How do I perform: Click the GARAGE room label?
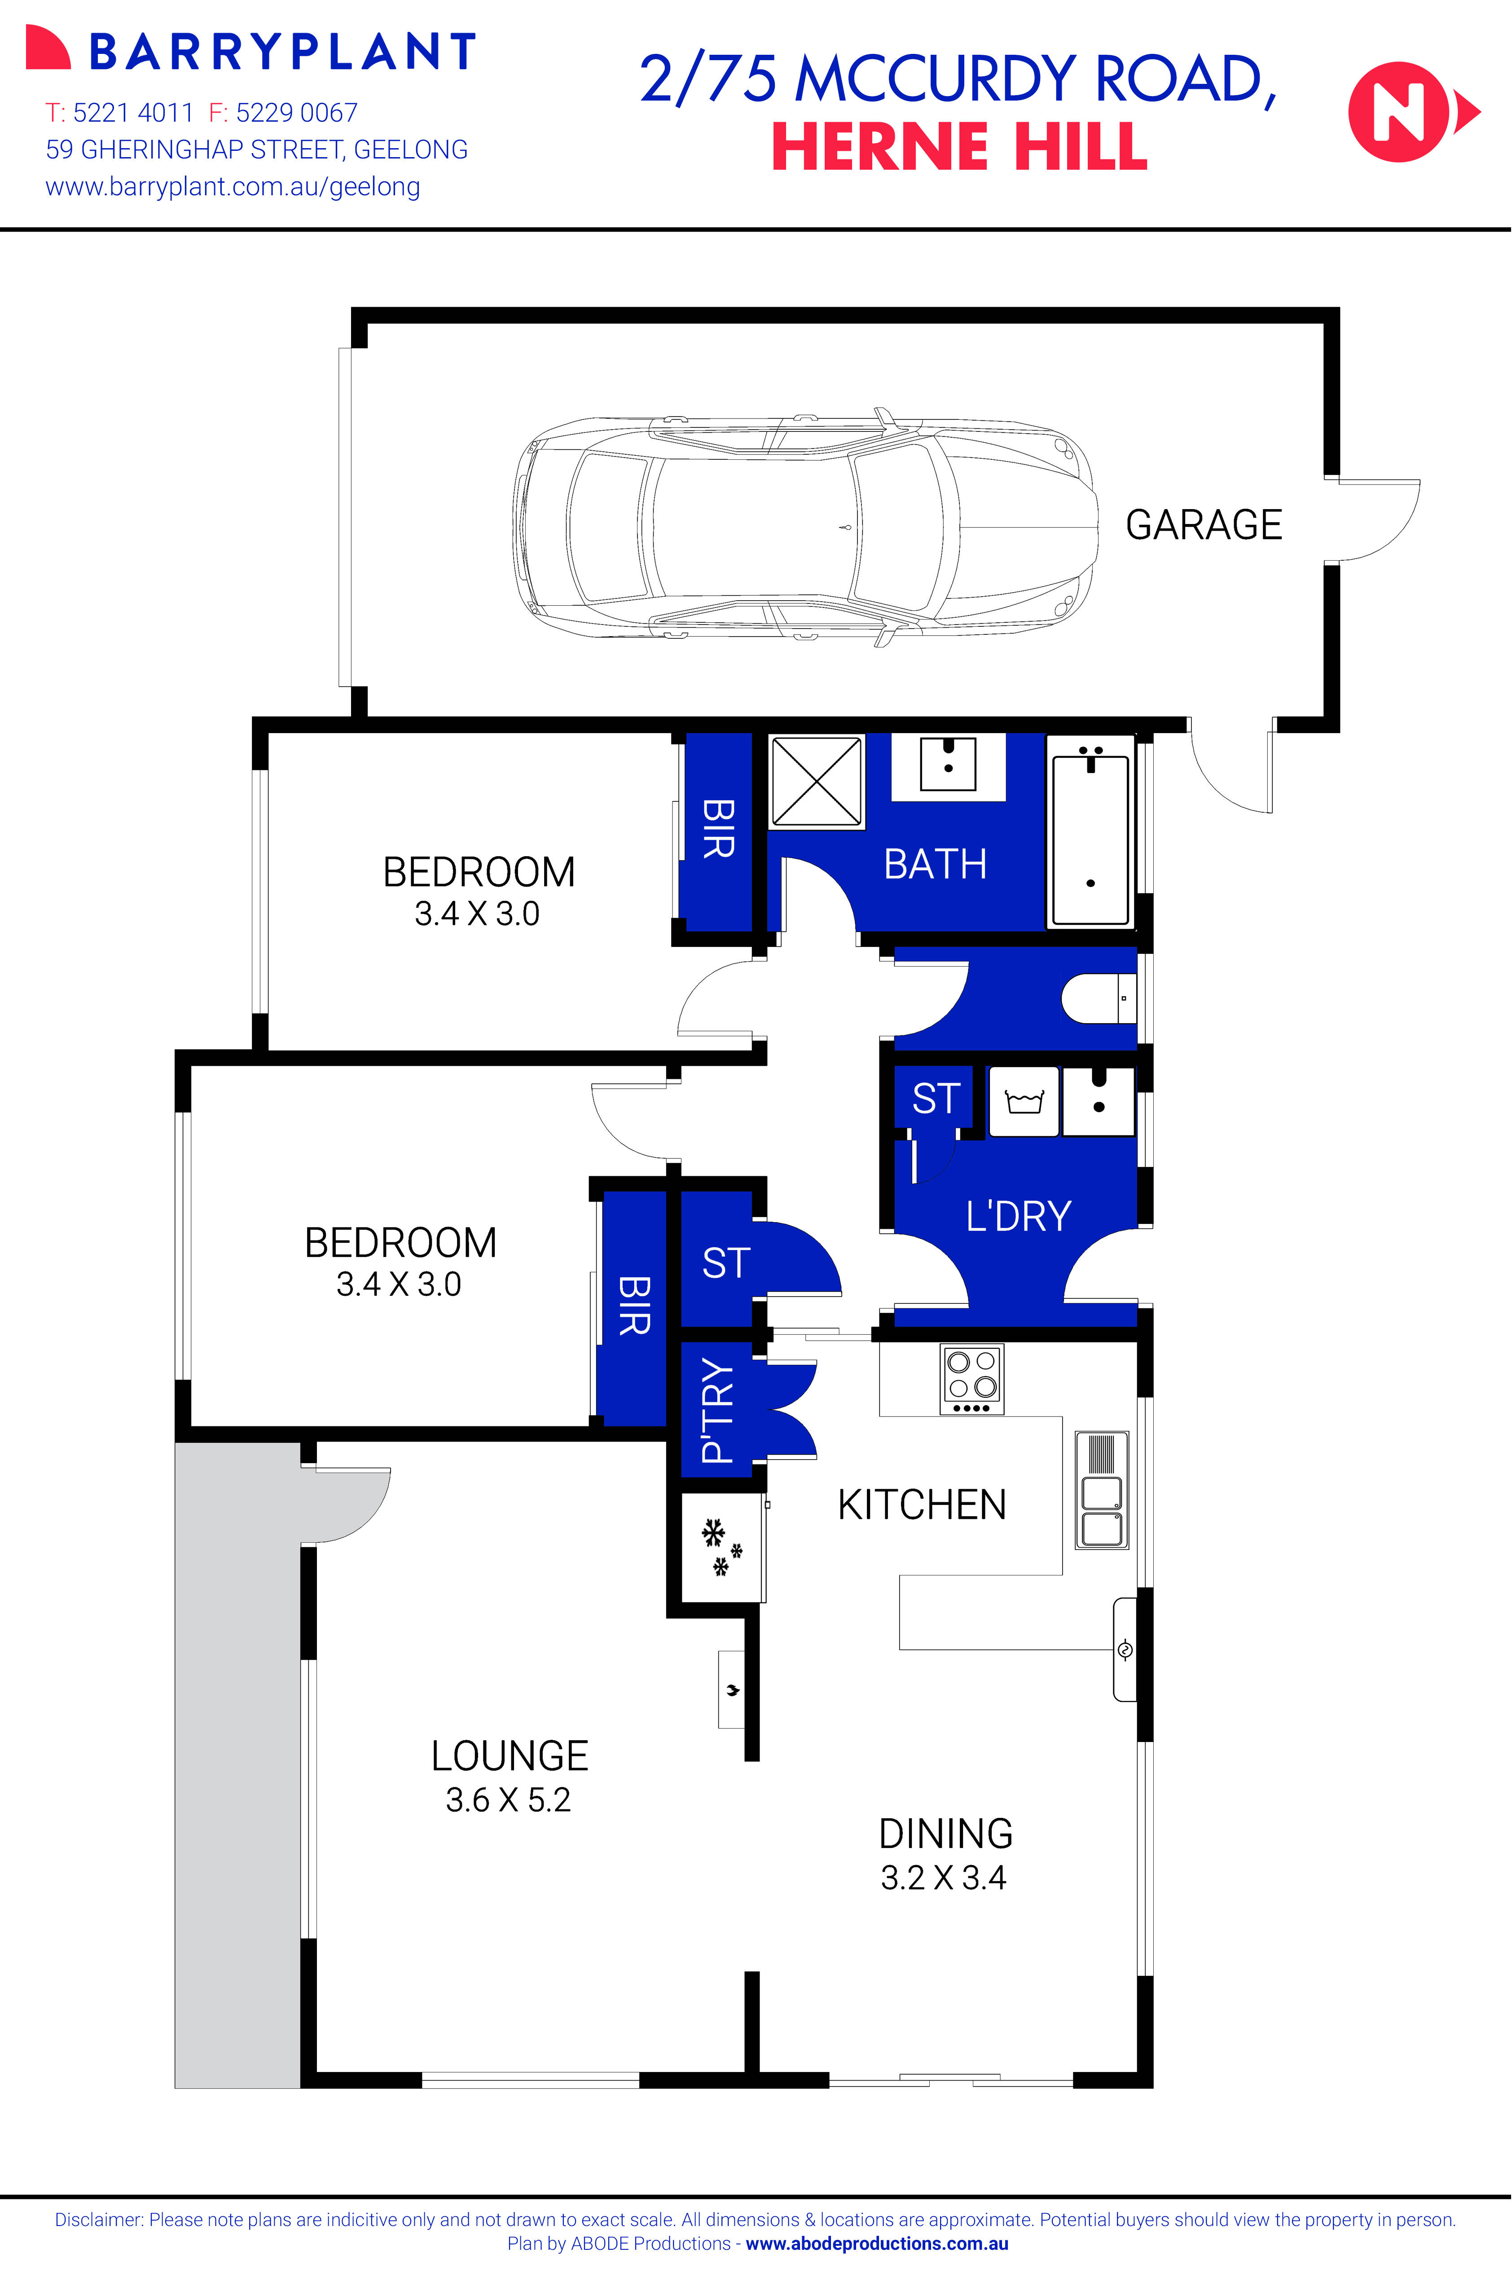1204,526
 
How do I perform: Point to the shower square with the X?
816,782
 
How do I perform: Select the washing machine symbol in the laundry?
1024,1101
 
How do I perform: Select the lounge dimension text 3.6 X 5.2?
508,1799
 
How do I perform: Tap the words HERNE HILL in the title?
959,148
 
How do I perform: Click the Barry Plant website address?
233,186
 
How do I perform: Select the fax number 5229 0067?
296,113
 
